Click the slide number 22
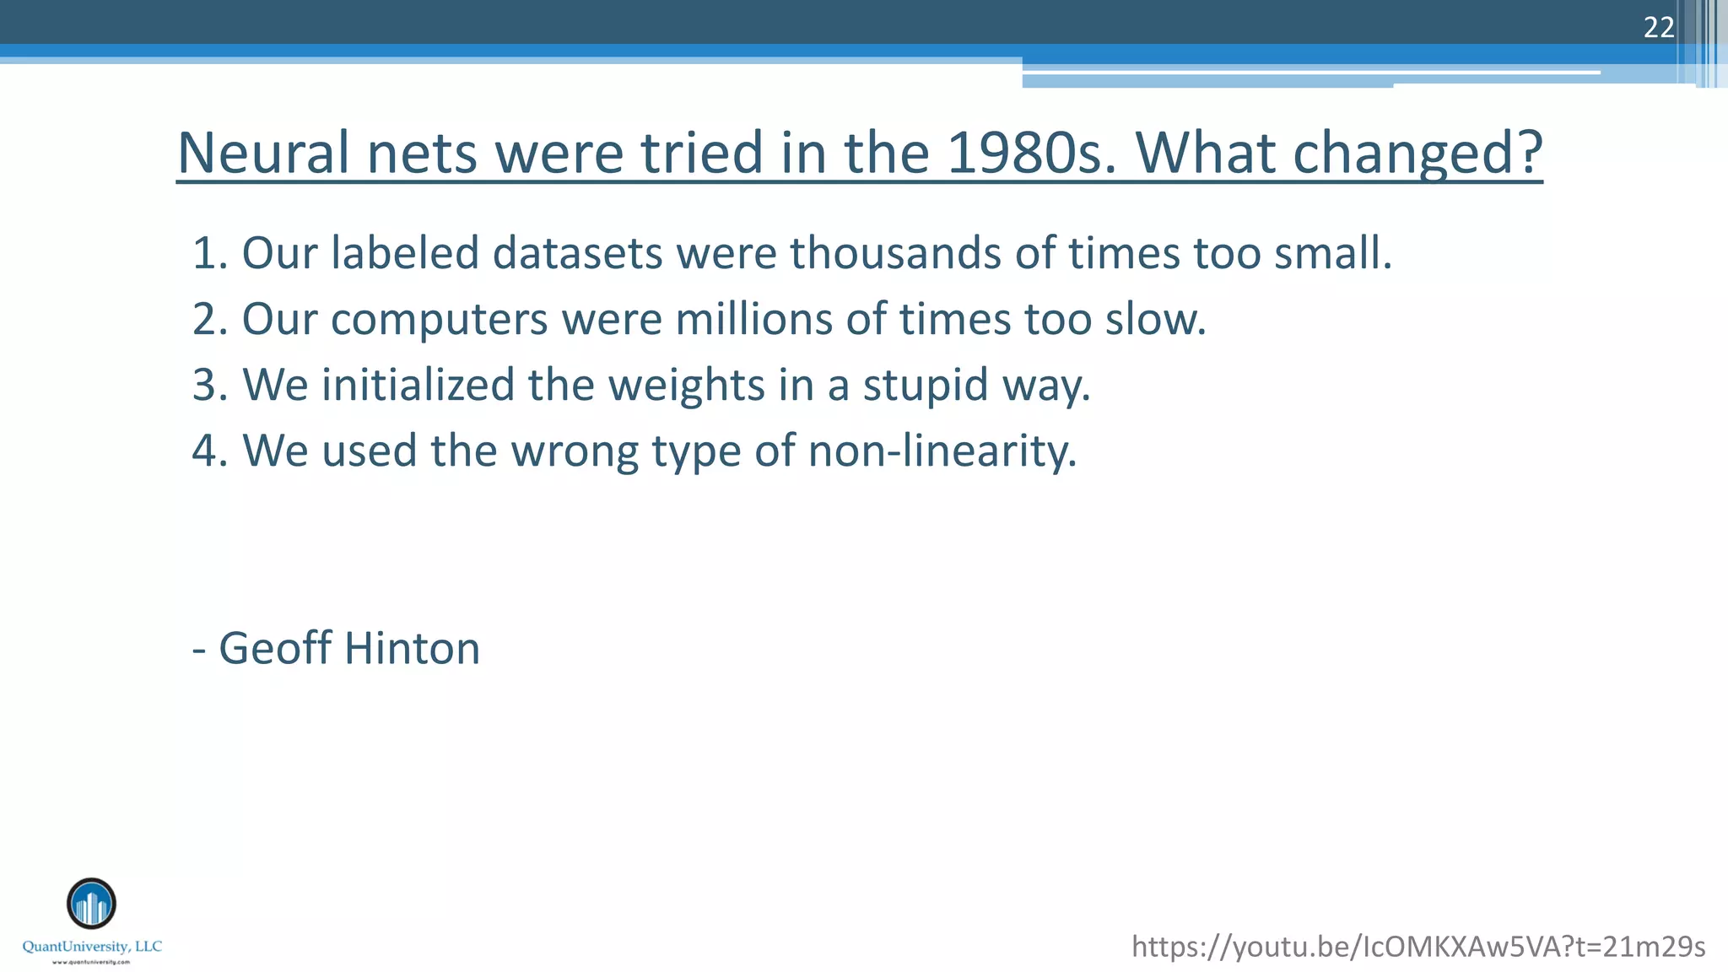point(1658,28)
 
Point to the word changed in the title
point(1417,153)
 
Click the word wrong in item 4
point(575,451)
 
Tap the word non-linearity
point(942,451)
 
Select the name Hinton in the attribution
point(412,648)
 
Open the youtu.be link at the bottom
point(1418,947)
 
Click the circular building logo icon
point(91,904)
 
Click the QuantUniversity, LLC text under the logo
point(92,947)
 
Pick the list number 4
point(205,451)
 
